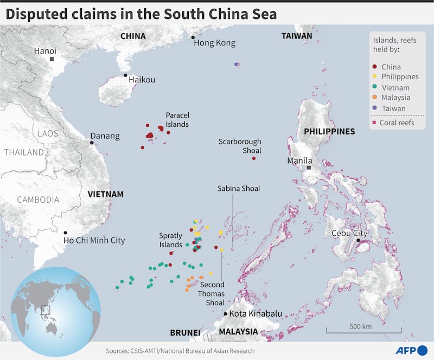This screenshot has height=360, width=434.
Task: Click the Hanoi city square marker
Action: [x=52, y=59]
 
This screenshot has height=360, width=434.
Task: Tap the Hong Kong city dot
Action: [x=193, y=37]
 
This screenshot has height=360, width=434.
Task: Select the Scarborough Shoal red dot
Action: [x=254, y=158]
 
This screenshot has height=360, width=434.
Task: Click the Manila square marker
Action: [x=309, y=168]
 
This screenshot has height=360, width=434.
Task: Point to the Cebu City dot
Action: [x=359, y=240]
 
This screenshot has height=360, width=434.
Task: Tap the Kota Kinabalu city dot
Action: [x=226, y=313]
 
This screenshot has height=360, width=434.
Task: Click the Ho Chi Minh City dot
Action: [x=66, y=233]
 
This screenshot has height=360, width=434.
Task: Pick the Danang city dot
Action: [x=92, y=143]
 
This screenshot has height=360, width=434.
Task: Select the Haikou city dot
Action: [x=125, y=75]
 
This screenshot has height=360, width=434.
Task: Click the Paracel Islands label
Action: [x=177, y=120]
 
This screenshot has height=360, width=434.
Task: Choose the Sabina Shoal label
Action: [x=239, y=189]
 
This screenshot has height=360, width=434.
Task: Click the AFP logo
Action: [x=411, y=350]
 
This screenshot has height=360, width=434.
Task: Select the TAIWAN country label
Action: [x=297, y=36]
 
